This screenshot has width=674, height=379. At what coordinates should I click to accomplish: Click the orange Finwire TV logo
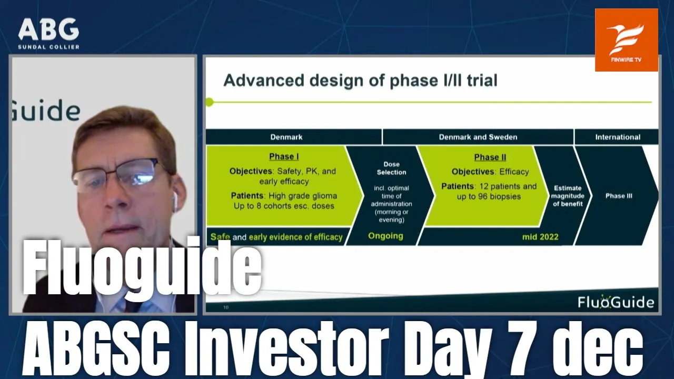(627, 40)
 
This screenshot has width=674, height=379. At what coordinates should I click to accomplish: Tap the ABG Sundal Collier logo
(49, 33)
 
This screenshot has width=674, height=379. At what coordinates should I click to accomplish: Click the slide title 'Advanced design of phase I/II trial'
(361, 81)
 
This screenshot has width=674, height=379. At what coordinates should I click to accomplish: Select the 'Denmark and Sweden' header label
(478, 137)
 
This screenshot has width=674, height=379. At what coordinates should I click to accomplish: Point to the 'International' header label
(618, 137)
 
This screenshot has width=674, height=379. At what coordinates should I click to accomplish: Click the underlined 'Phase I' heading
(284, 156)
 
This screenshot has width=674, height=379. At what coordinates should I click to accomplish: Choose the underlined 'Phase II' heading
(490, 157)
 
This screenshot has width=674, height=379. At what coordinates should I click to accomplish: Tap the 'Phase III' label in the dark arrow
(619, 196)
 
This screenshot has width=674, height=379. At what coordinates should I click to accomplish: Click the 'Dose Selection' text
(391, 168)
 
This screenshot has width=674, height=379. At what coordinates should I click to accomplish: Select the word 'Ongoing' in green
(385, 236)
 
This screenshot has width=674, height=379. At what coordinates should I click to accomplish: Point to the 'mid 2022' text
(540, 237)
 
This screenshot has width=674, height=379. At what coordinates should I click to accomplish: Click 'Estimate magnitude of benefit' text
(568, 196)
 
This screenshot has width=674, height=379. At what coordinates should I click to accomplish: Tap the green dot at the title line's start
(210, 102)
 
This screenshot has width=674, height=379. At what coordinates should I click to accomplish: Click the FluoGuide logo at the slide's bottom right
(616, 302)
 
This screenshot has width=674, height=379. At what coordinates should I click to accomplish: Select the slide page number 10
(226, 307)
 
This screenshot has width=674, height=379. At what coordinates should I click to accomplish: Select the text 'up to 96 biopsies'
(489, 197)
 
